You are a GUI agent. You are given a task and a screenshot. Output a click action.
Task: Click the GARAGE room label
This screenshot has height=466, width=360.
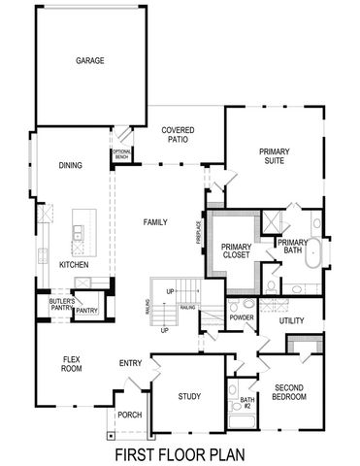coord(90,60)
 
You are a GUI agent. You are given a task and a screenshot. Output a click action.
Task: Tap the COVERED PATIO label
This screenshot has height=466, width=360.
coord(179,134)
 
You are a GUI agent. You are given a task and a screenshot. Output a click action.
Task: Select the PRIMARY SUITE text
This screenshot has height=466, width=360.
coord(274,156)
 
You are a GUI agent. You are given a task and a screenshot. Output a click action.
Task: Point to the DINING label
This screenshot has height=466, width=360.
coord(70,165)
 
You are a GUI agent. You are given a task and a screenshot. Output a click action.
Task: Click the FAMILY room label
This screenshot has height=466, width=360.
coord(156,222)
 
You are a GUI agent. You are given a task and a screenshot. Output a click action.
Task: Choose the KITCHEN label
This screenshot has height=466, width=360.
coord(75,264)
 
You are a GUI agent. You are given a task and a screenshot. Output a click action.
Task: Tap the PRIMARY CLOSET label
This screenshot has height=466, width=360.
coord(236,251)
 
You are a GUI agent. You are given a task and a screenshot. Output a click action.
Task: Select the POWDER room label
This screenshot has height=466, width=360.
coord(242,317)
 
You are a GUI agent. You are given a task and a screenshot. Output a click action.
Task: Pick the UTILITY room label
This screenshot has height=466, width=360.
coord(291,320)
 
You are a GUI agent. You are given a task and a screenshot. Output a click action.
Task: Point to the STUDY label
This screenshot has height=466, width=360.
coord(189,396)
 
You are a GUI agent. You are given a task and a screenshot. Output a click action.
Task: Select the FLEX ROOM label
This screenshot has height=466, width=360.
coord(71,363)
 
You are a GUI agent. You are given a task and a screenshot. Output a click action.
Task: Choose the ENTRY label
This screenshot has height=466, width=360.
coord(131,363)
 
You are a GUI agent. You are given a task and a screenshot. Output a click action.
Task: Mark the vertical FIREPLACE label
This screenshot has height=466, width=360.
coord(197,234)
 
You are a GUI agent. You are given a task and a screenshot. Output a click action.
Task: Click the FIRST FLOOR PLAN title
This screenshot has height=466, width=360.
coord(180,453)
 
